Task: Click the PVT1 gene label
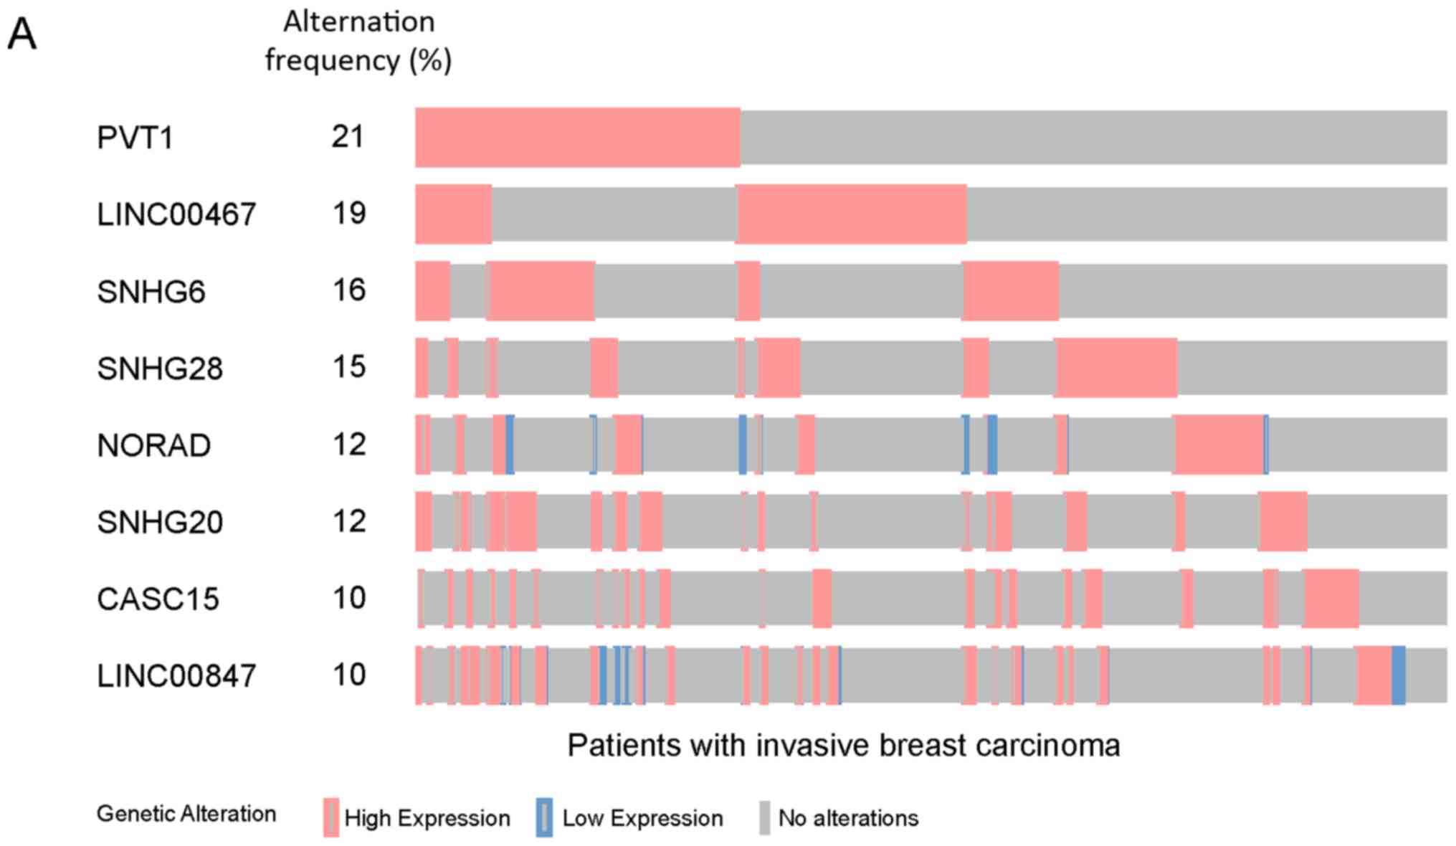pos(135,138)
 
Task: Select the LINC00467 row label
pos(176,214)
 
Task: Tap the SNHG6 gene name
pos(151,292)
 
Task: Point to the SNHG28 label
pos(160,369)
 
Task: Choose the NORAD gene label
pos(153,445)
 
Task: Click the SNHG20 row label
pos(160,522)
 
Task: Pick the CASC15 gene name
pos(158,599)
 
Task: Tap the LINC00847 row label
pos(176,675)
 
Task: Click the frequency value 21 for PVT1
pos(348,136)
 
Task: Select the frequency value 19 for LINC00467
pos(349,213)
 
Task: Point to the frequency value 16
pos(349,290)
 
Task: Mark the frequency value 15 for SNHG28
pos(349,366)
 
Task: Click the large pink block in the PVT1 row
pos(578,138)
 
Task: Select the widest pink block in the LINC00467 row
pos(852,214)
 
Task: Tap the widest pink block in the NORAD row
pos(1219,445)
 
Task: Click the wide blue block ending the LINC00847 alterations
pos(1399,675)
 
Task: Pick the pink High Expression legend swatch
pos(330,817)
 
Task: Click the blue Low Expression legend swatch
pos(544,817)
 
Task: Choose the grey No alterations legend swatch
pos(765,817)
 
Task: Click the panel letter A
pos(22,34)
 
